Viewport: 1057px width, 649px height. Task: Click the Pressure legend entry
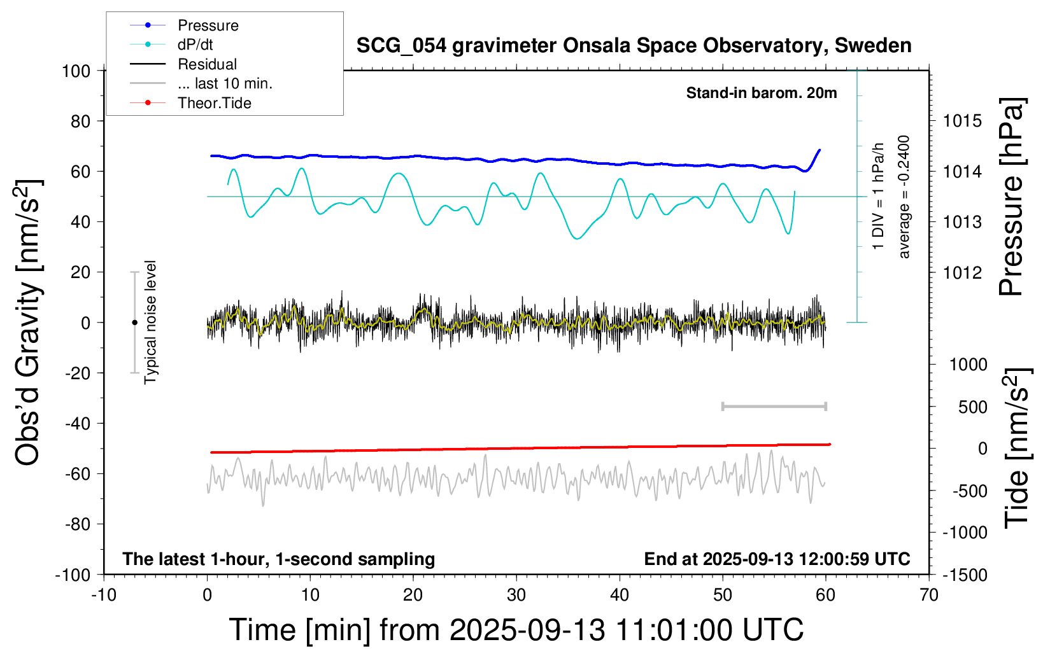click(x=208, y=25)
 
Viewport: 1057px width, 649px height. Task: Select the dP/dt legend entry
click(x=195, y=45)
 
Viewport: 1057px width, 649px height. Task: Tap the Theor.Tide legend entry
click(x=214, y=103)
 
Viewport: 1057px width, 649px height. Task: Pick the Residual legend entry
click(x=207, y=64)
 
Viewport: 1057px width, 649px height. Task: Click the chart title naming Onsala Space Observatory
click(x=634, y=46)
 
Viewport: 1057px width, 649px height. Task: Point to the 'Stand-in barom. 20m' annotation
click(x=761, y=93)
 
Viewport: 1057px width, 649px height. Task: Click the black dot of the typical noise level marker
click(x=134, y=323)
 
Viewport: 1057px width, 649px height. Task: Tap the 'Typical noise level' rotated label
click(x=150, y=323)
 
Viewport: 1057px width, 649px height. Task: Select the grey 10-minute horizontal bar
click(x=774, y=407)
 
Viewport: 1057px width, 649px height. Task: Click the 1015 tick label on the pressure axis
click(x=962, y=121)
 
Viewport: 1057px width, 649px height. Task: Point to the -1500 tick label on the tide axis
click(x=965, y=575)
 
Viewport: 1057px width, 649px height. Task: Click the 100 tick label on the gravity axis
click(x=76, y=71)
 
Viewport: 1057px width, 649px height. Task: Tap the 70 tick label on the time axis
click(x=929, y=596)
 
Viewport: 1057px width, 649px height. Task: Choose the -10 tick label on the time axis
click(x=104, y=596)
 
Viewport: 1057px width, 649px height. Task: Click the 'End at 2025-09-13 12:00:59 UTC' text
click(x=777, y=559)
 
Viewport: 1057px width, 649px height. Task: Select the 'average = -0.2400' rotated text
click(x=904, y=197)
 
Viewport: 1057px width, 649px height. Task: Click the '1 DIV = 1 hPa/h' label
click(x=879, y=196)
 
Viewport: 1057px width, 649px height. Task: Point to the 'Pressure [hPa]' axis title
click(x=1011, y=197)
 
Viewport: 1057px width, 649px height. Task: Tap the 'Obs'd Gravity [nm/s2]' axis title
click(x=29, y=323)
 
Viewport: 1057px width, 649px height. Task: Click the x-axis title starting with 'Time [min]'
click(x=516, y=630)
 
